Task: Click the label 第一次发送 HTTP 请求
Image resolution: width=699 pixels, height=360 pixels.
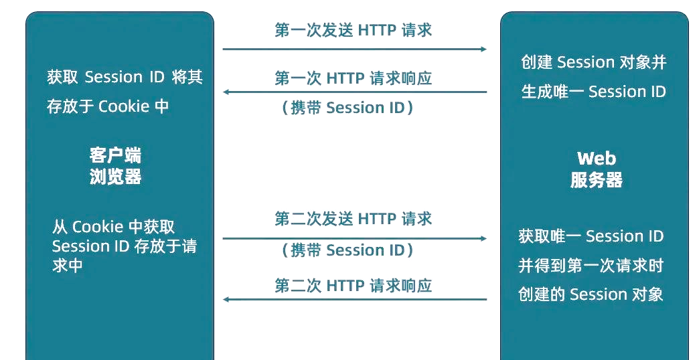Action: click(353, 30)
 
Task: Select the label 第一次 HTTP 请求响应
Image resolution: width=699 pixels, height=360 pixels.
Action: click(353, 78)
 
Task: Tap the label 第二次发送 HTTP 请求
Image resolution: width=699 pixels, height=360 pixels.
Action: click(353, 219)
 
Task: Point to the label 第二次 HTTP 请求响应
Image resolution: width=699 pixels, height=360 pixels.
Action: click(353, 286)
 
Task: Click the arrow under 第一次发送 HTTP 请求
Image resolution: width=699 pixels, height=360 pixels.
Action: click(354, 49)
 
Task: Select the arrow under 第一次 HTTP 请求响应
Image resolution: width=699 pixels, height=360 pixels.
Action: click(354, 92)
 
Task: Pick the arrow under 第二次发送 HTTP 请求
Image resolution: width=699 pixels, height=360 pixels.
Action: click(354, 238)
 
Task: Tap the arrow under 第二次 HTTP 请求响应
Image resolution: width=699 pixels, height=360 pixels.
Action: click(354, 299)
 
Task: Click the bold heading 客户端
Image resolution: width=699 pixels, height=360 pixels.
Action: click(115, 156)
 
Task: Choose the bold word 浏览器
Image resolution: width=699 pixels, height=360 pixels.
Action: click(115, 177)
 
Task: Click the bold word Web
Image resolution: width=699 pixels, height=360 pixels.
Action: click(596, 159)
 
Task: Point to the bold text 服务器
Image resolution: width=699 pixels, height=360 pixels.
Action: click(596, 180)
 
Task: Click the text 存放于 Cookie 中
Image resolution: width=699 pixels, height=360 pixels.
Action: click(108, 106)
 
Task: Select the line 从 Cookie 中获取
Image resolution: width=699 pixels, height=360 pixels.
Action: click(113, 227)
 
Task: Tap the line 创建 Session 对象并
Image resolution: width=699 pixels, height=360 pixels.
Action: click(594, 63)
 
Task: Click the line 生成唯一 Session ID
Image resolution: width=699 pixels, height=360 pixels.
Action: click(594, 92)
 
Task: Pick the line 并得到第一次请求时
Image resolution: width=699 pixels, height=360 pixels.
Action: click(591, 266)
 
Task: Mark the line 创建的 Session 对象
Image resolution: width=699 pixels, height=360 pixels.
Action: click(591, 294)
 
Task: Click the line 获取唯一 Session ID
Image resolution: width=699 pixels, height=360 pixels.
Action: click(591, 236)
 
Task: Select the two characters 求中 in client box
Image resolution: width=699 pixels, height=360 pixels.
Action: click(68, 266)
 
